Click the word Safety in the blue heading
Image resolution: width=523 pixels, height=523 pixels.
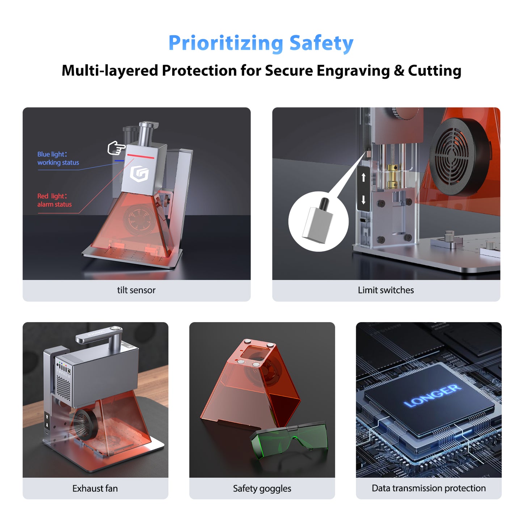tap(321, 43)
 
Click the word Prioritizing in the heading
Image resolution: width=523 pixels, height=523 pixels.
tap(225, 43)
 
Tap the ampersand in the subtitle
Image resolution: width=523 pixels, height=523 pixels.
tap(398, 71)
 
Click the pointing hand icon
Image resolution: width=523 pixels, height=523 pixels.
tap(116, 148)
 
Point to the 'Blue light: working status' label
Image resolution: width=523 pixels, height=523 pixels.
tap(58, 159)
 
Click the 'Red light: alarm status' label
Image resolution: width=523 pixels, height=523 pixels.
tap(54, 200)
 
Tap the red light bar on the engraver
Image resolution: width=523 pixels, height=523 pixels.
tap(141, 157)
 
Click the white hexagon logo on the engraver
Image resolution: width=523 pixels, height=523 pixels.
tap(139, 174)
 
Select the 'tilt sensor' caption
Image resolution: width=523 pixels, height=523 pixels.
tap(136, 290)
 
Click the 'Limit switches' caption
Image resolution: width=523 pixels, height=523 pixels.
tap(385, 290)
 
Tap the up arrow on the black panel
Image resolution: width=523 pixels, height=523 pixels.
tap(363, 177)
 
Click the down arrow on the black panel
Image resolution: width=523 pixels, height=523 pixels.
tap(363, 199)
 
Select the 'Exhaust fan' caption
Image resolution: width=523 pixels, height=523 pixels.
tap(95, 488)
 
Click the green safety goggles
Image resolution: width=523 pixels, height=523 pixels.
tap(290, 442)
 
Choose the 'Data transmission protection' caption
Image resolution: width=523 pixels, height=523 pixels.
tap(429, 488)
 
